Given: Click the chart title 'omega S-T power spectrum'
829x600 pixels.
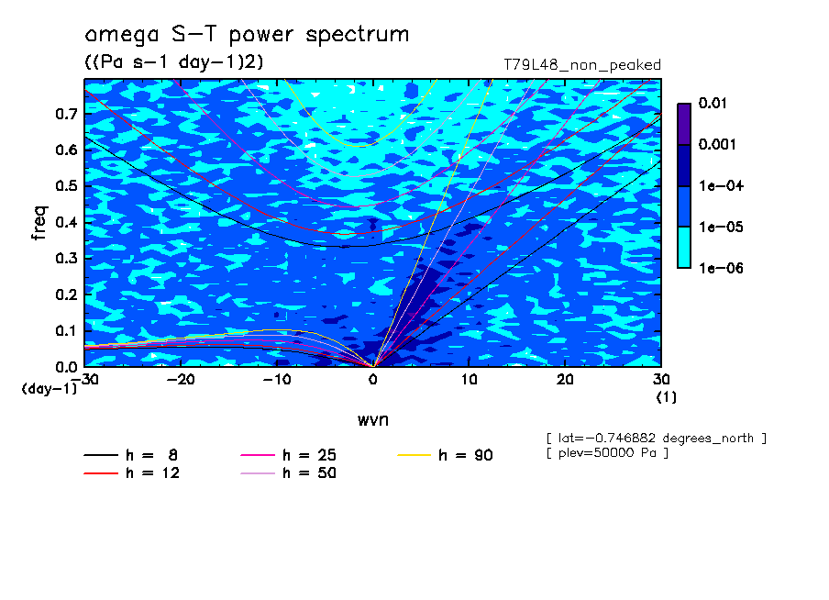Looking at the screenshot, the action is pos(247,35).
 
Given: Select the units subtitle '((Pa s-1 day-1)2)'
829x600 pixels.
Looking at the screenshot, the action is pos(174,61).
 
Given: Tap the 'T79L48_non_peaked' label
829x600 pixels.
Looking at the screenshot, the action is pos(582,65).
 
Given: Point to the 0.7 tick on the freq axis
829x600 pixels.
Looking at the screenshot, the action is pos(67,114).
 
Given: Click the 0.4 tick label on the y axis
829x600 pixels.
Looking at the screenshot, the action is pos(67,222).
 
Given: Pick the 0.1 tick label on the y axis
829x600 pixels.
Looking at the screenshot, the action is pos(67,330).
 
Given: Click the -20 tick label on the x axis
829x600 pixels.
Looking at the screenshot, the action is pos(181,380).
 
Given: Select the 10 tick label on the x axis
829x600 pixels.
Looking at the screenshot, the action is pos(469,380).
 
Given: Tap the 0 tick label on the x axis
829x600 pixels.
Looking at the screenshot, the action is pos(373,380).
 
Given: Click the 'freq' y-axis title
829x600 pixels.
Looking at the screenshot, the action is pos(39,223).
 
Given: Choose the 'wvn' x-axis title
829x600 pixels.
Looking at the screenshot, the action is pos(373,420).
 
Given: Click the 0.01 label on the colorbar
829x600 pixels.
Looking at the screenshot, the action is pos(713,103).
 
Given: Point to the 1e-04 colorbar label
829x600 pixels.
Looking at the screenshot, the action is pos(721,185).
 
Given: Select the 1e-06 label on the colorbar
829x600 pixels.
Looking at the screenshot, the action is pos(721,268).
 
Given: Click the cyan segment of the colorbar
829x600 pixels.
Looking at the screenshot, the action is pos(684,247).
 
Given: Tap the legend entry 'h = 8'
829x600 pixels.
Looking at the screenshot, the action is pos(130,455).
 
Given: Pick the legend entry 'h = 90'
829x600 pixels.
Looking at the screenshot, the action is pos(445,455).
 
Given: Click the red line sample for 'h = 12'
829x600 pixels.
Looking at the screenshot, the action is pos(101,473).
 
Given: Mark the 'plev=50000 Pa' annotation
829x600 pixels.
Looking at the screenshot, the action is pos(607,453).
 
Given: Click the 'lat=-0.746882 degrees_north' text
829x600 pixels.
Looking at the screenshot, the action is pos(656,439).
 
